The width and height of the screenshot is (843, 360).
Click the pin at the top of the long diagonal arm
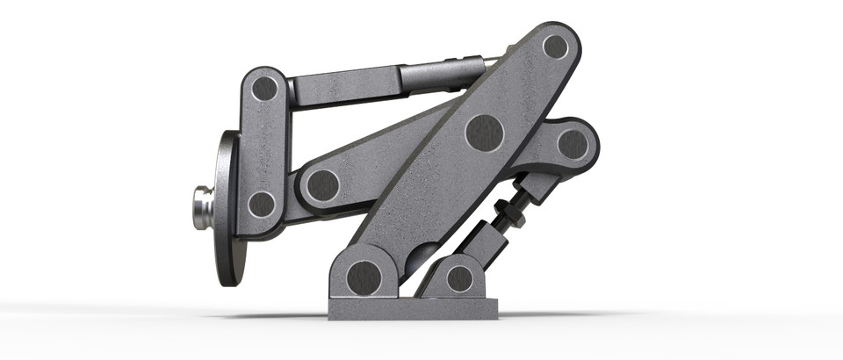555,46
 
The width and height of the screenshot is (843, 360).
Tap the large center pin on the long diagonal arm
484,133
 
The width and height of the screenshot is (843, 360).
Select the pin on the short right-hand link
573,144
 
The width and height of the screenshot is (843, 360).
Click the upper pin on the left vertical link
264,88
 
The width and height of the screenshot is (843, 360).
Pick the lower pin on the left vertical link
262,205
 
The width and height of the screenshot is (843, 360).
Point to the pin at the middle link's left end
322,184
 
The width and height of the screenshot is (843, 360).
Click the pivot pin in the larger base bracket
364,277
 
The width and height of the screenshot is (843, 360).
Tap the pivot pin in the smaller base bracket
459,278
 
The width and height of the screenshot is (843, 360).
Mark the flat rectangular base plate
413,308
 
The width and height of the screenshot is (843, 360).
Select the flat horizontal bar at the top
342,88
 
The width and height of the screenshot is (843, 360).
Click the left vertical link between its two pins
263,147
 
